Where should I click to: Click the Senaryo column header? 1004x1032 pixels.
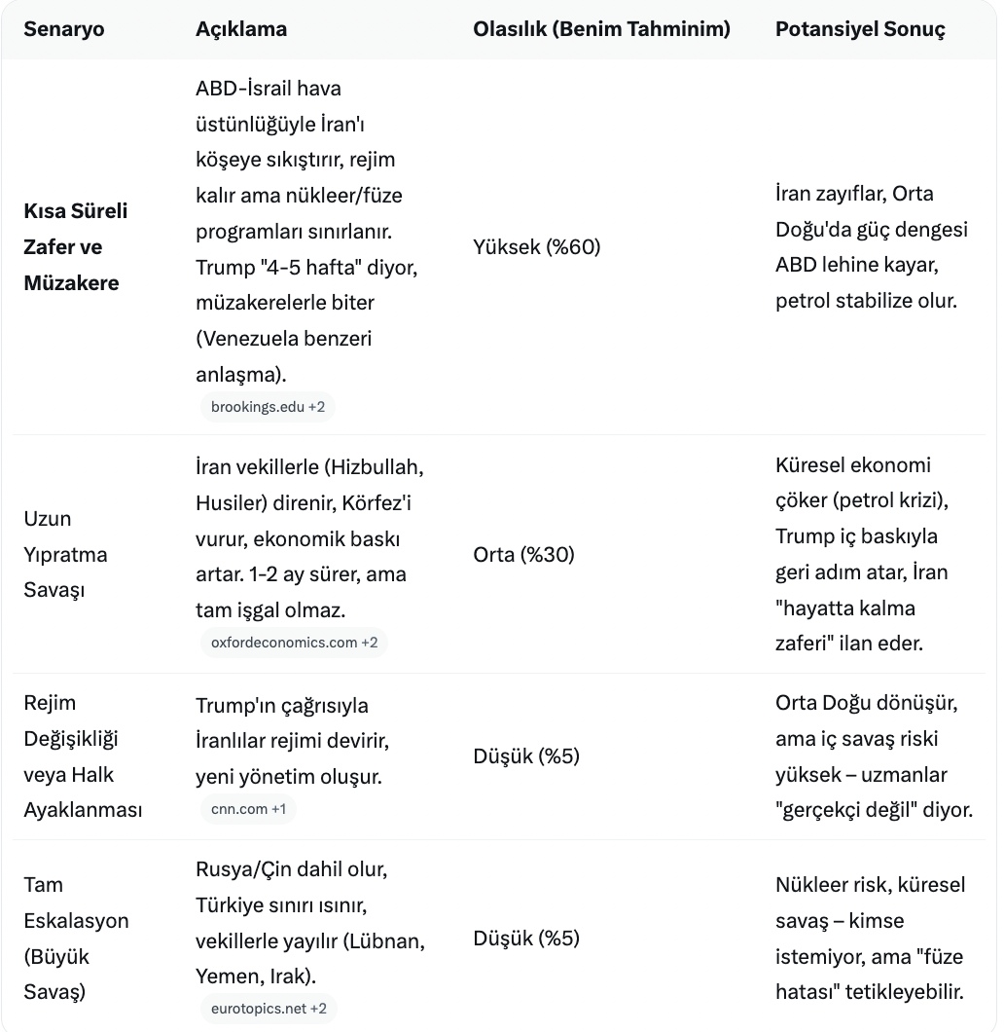point(64,29)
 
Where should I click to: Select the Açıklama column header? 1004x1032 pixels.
point(241,29)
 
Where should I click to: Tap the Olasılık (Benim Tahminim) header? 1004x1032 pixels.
point(601,29)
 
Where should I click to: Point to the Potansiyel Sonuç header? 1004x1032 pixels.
point(860,29)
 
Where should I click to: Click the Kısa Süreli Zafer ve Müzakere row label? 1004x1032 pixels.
point(76,247)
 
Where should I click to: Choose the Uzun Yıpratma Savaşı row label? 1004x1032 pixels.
point(65,555)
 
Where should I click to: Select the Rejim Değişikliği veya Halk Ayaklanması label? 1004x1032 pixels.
point(83,756)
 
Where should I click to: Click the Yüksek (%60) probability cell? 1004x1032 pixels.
point(537,247)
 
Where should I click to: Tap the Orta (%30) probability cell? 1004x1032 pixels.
point(524,555)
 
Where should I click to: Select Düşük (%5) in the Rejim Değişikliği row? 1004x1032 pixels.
point(526,756)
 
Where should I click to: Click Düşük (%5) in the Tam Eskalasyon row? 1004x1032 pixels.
point(526,939)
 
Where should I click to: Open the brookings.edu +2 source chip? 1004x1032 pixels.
point(268,407)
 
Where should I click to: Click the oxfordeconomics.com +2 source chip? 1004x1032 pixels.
point(294,643)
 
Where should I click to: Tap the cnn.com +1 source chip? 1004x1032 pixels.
point(248,809)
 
